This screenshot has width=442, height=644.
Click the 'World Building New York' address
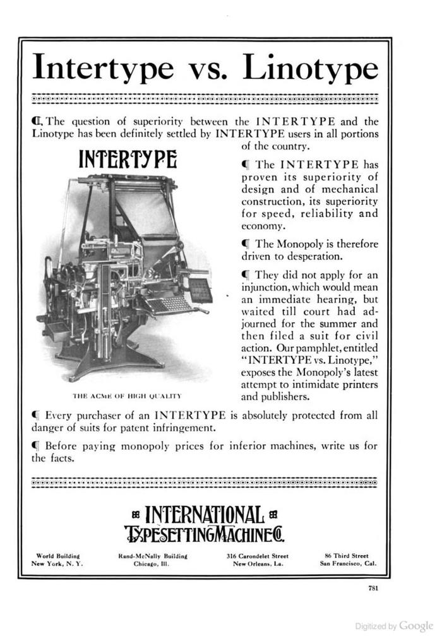click(x=57, y=560)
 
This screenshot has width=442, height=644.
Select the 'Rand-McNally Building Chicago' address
click(x=148, y=560)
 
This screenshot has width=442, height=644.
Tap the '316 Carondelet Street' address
click(x=258, y=560)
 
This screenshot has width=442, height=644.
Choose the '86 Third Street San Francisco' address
click(x=348, y=560)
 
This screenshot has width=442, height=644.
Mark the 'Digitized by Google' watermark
click(x=394, y=626)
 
